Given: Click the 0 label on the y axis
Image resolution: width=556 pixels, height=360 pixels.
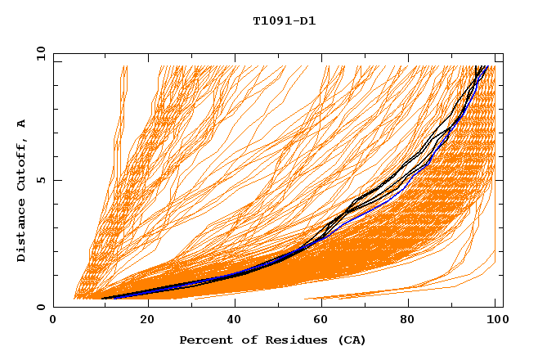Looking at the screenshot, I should click(40, 307).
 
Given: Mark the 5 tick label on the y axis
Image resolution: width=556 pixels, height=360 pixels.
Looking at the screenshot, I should click(40, 180).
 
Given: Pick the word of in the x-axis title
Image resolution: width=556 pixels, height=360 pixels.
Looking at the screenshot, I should click(248, 340).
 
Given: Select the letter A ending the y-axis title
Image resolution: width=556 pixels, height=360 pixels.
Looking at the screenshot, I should click(22, 123).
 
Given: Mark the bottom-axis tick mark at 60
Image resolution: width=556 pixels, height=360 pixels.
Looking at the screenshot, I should click(325, 304).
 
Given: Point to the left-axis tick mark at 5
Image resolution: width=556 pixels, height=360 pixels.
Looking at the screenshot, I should click(56, 180).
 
